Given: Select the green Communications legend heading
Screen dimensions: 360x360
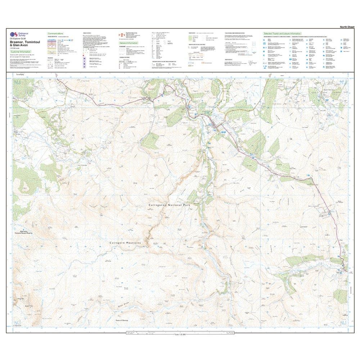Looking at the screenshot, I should pos(55,33).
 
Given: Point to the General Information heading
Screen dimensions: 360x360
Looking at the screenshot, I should pos(129,42).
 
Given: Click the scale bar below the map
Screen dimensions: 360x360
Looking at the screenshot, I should pos(180,333).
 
